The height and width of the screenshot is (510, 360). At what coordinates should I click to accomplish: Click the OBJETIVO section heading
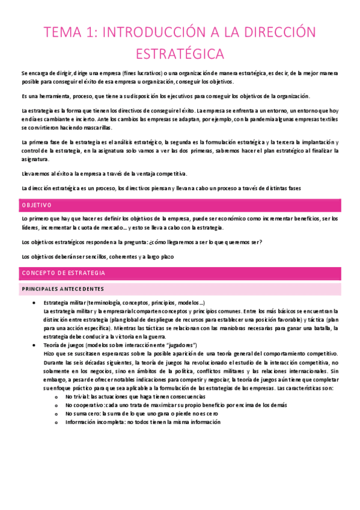click(x=37, y=206)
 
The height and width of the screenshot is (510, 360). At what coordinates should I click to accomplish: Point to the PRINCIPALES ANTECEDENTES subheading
click(x=63, y=289)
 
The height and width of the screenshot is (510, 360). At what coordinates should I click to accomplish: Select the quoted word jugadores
click(x=180, y=345)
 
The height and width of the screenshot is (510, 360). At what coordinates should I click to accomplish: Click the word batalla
click(x=323, y=328)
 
